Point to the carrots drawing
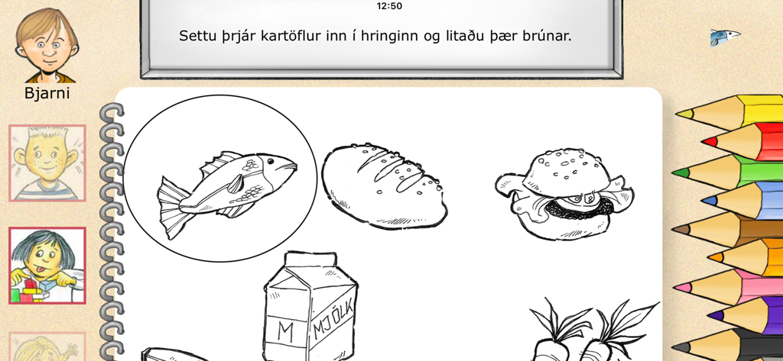pyautogui.click(x=589, y=332)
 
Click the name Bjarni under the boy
pyautogui.click(x=47, y=93)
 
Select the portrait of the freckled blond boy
pyautogui.click(x=47, y=163)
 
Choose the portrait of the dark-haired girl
pyautogui.click(x=47, y=265)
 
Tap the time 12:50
pyautogui.click(x=389, y=6)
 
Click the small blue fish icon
pyautogui.click(x=724, y=36)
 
